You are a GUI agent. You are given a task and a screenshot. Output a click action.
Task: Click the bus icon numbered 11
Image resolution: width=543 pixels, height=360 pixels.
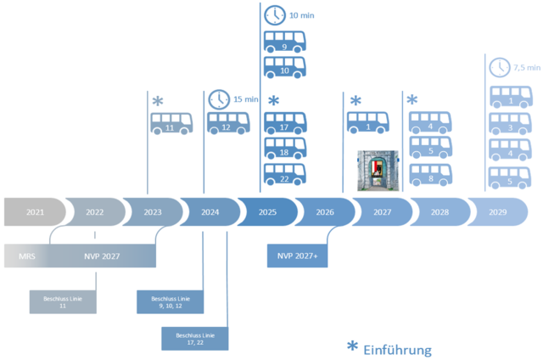pyautogui.click(x=171, y=125)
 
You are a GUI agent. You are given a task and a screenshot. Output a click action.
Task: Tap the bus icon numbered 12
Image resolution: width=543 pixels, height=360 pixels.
pyautogui.click(x=225, y=125)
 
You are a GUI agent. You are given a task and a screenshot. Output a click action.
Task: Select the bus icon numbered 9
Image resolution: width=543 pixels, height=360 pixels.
pyautogui.click(x=285, y=42)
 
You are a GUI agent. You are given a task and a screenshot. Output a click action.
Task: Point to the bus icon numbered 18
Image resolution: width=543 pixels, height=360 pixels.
pyautogui.click(x=285, y=149)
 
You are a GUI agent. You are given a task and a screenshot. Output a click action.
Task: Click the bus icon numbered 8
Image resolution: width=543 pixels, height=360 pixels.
pyautogui.click(x=430, y=176)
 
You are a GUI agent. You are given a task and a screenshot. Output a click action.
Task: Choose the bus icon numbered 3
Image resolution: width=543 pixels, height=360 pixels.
pyautogui.click(x=511, y=126)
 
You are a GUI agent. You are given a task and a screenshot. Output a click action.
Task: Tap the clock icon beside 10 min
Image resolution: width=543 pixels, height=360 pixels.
pyautogui.click(x=276, y=14)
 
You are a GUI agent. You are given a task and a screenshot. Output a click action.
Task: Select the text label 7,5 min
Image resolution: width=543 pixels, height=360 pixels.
pyautogui.click(x=525, y=68)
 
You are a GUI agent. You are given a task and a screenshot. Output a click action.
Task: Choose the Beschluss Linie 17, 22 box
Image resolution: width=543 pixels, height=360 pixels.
pyautogui.click(x=195, y=338)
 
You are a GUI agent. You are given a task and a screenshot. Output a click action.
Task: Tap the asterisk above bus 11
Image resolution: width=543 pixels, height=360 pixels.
pyautogui.click(x=158, y=103)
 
